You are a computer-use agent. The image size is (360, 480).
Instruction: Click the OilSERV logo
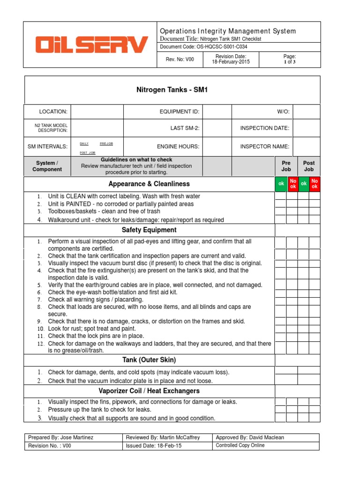(91, 45)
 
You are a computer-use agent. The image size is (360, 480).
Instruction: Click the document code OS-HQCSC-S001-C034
(204, 47)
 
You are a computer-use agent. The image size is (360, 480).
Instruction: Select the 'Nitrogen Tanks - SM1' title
(172, 90)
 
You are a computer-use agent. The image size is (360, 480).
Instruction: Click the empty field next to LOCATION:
(97, 112)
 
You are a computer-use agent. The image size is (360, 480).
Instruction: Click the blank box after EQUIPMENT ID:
(217, 112)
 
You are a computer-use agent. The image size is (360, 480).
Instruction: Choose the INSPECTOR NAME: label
(264, 146)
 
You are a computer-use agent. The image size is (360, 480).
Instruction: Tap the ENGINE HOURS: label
(178, 146)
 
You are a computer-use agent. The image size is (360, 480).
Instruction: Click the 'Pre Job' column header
(286, 166)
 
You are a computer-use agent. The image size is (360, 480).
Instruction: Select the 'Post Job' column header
(309, 166)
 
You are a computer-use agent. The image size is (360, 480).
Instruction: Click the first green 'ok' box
(281, 184)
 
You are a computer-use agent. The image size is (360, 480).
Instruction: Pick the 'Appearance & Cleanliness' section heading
(149, 184)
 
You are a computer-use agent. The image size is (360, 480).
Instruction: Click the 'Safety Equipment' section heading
(149, 230)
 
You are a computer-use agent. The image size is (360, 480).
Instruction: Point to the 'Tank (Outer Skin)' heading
(149, 360)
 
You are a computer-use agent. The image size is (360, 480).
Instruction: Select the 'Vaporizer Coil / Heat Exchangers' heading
(149, 391)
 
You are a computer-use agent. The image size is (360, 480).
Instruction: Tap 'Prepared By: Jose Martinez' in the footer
(61, 437)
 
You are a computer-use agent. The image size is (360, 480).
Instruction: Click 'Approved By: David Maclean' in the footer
(250, 437)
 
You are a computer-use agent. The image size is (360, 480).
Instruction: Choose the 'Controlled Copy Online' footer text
(240, 445)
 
